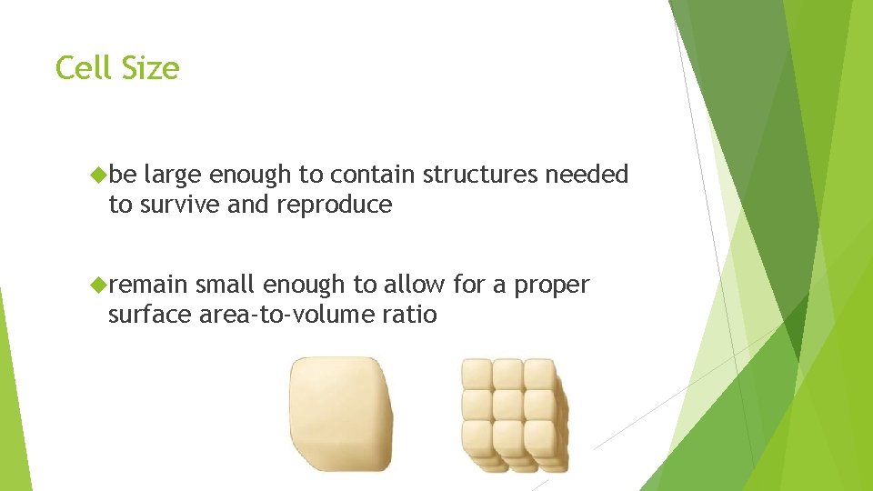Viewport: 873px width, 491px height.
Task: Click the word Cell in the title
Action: (83, 68)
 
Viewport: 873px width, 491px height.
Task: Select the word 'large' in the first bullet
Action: (173, 175)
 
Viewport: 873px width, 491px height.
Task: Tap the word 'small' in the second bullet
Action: (225, 286)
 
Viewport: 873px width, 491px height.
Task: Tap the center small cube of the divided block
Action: (507, 405)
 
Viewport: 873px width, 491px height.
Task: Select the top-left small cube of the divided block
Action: (477, 374)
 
